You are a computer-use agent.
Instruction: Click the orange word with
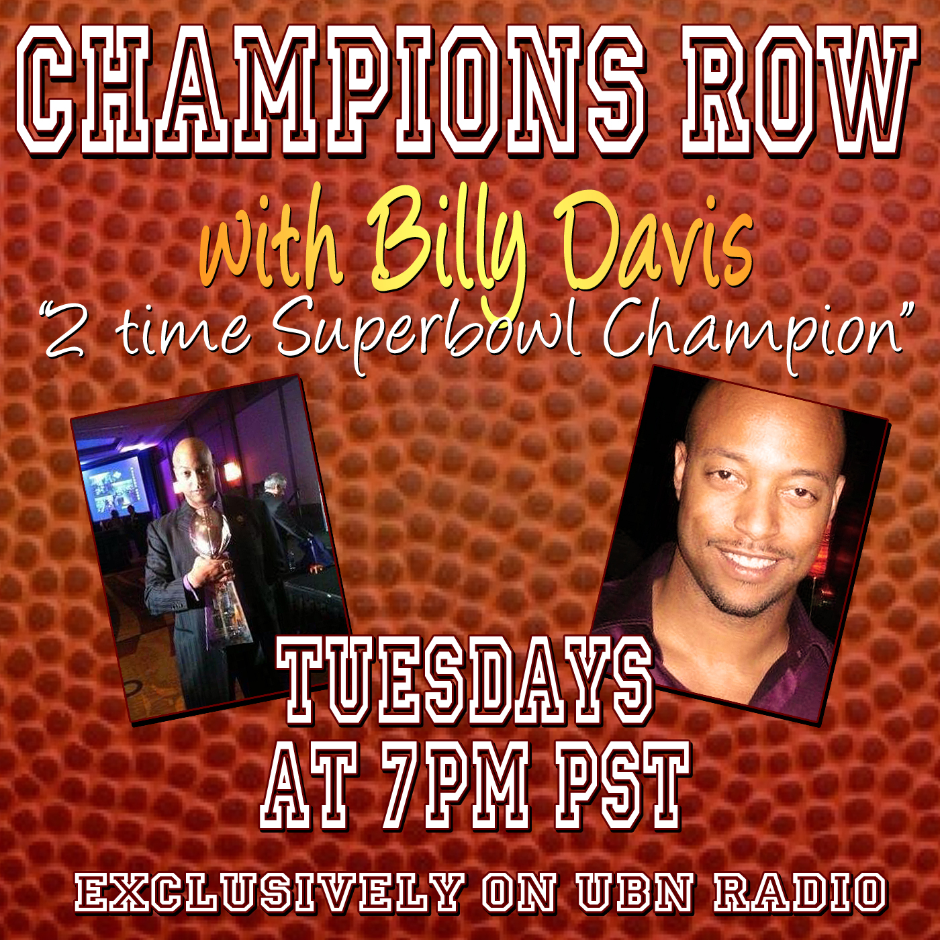point(272,245)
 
